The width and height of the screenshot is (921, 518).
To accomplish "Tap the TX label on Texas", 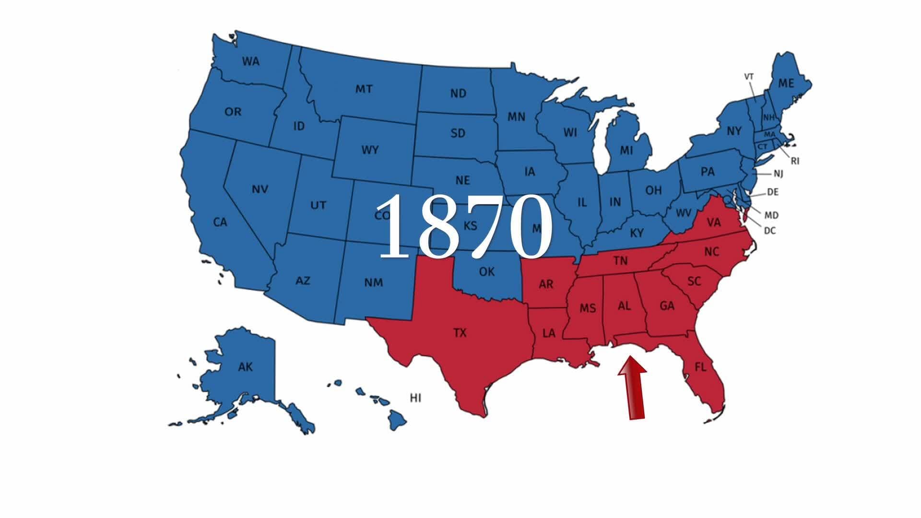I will pos(460,332).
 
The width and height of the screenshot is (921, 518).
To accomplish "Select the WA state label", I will pos(250,61).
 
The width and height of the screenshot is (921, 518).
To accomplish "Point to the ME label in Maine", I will pos(786,83).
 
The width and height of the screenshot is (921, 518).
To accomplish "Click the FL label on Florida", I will pos(700,367).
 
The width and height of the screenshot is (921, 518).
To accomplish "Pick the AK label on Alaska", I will pos(245,367).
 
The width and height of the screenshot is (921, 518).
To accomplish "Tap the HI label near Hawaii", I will pos(415,398).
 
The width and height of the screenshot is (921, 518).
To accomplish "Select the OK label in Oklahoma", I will pos(486,272).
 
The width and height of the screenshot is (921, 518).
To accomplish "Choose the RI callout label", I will pos(795,161).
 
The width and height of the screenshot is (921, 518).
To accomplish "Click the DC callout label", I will pos(769,231).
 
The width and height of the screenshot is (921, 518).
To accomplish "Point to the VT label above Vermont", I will pos(749,76).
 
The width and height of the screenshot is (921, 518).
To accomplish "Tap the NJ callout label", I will pos(778,174).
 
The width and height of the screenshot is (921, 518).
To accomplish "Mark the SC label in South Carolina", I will pos(694,281).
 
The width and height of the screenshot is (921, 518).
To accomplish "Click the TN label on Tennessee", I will pos(620,260).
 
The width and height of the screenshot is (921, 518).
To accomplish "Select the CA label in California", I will pos(220,223).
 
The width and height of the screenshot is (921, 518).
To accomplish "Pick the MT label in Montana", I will pos(364,89).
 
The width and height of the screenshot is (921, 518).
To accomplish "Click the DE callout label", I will pos(772,192).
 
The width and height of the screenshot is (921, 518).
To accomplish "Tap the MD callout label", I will pos(771,215).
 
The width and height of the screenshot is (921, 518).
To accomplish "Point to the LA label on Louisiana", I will pos(549,332).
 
